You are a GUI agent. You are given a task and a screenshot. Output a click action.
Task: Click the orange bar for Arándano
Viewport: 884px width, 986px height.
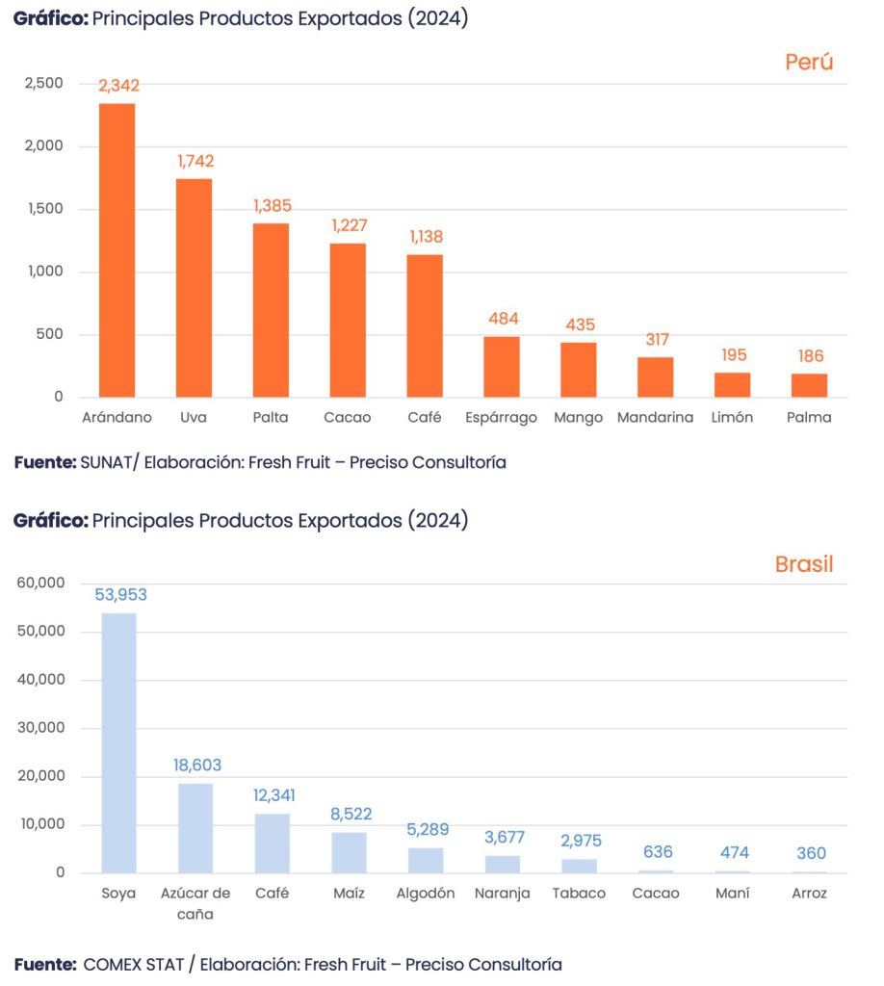(117, 250)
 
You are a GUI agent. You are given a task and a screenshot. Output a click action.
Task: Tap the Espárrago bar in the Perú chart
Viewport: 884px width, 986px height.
(501, 367)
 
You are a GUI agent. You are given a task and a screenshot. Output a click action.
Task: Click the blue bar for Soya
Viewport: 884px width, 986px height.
(118, 742)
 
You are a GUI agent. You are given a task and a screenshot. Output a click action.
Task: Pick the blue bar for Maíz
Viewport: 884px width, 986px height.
(349, 852)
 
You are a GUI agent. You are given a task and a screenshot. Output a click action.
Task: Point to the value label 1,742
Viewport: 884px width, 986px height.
(195, 161)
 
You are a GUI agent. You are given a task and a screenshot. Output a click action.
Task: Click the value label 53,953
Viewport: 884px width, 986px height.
(120, 595)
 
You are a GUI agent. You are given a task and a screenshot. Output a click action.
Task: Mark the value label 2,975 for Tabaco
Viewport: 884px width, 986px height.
(581, 841)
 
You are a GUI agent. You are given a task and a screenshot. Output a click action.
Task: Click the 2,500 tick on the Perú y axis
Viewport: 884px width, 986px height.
(43, 84)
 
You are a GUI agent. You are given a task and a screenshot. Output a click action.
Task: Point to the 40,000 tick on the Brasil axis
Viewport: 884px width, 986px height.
(40, 680)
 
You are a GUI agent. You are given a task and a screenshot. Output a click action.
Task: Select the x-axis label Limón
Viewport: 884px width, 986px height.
(733, 418)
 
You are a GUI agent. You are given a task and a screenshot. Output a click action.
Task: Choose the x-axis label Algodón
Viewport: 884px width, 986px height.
(426, 894)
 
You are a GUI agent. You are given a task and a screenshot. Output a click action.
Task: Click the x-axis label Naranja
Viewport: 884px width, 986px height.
(503, 894)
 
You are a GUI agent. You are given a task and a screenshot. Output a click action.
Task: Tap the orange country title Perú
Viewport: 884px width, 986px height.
(808, 63)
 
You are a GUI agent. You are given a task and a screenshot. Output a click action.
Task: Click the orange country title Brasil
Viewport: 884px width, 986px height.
(804, 564)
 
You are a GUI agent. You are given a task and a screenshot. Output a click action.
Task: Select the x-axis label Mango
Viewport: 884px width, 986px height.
(579, 418)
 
